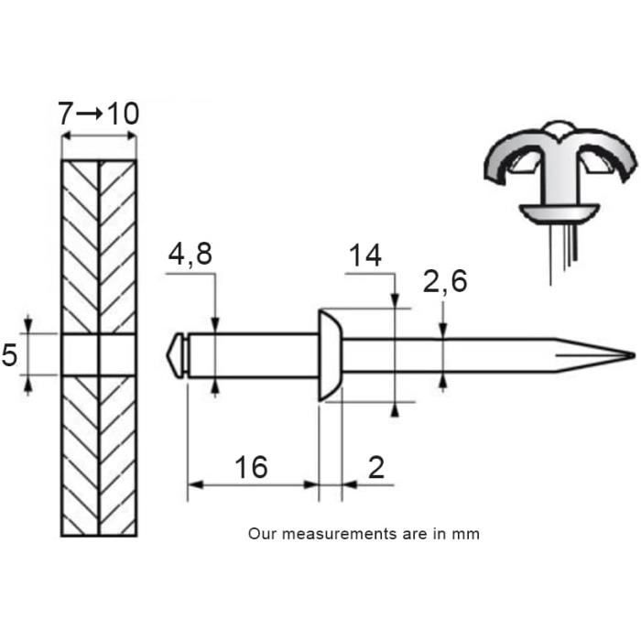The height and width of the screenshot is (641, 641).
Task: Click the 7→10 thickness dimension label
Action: [99, 114]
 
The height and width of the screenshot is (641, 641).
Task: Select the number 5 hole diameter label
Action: [9, 354]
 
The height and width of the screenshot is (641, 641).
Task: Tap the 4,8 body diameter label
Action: [190, 255]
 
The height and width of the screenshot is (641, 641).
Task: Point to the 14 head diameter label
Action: [365, 255]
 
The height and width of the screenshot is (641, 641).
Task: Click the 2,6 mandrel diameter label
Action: [445, 281]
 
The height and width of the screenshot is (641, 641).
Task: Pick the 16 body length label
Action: [251, 467]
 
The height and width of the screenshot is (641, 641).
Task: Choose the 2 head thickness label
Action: [376, 467]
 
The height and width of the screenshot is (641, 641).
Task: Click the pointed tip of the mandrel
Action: [634, 355]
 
